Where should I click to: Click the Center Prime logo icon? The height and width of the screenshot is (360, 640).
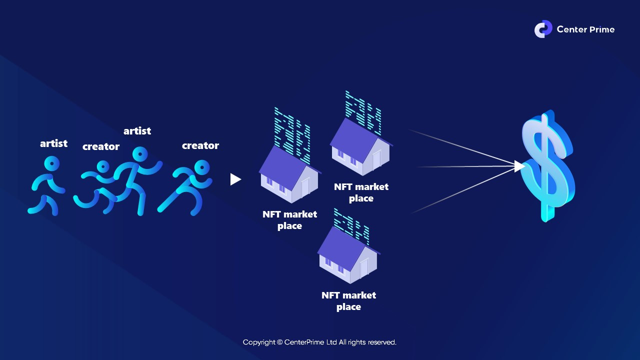pyautogui.click(x=543, y=29)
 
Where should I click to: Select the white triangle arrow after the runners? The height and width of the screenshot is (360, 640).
pyautogui.click(x=235, y=179)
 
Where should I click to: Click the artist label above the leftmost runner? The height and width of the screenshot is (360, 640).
pyautogui.click(x=53, y=143)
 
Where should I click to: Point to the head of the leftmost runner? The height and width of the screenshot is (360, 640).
pyautogui.click(x=51, y=163)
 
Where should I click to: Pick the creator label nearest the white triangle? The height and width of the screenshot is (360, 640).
pyautogui.click(x=200, y=145)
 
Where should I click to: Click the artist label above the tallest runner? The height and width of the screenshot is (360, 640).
pyautogui.click(x=137, y=131)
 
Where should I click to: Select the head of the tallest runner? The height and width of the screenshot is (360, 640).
pyautogui.click(x=139, y=154)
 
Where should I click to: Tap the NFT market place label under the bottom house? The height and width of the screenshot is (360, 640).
pyautogui.click(x=348, y=301)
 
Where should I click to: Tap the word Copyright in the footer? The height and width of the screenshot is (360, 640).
pyautogui.click(x=258, y=342)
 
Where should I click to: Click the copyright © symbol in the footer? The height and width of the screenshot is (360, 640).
pyautogui.click(x=279, y=342)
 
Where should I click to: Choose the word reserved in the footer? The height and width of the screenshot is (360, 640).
pyautogui.click(x=382, y=342)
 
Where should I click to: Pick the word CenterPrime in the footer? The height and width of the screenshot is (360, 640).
pyautogui.click(x=303, y=342)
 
